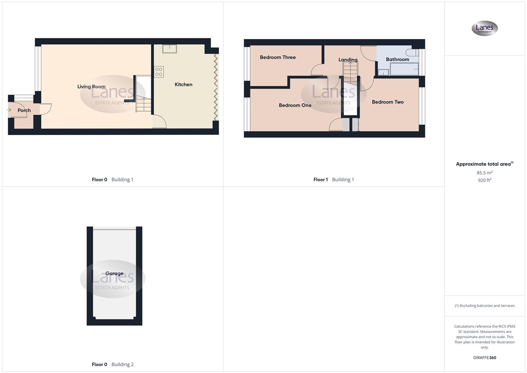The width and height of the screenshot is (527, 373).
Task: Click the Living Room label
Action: tap(91, 87)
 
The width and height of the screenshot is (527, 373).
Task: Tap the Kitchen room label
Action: tap(183, 84)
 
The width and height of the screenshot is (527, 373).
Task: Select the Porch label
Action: tap(24, 110)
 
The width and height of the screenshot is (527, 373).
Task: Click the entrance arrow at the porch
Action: tap(9, 110)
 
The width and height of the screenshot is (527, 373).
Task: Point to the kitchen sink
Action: tap(169, 49)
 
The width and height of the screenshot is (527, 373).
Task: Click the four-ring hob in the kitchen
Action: tap(159, 72)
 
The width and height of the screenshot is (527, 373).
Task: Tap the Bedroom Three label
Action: tap(277, 57)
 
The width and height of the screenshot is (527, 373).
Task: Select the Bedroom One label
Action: tap(295, 105)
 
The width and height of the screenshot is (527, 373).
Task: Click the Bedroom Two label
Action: tap(388, 102)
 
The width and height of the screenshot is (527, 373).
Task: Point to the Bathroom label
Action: tap(397, 59)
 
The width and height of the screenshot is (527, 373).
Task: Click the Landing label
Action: tap(348, 60)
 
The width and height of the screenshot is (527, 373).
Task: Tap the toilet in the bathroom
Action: tap(411, 52)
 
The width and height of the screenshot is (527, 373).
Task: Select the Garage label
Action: tap(114, 274)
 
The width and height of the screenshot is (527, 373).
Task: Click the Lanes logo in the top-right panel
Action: tap(485, 28)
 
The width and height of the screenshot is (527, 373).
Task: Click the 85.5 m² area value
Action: tap(485, 173)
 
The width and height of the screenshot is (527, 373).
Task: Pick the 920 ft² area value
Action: tap(485, 180)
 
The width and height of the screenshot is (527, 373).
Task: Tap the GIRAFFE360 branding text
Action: tap(485, 358)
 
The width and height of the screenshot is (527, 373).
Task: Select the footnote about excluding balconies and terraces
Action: tap(485, 306)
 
